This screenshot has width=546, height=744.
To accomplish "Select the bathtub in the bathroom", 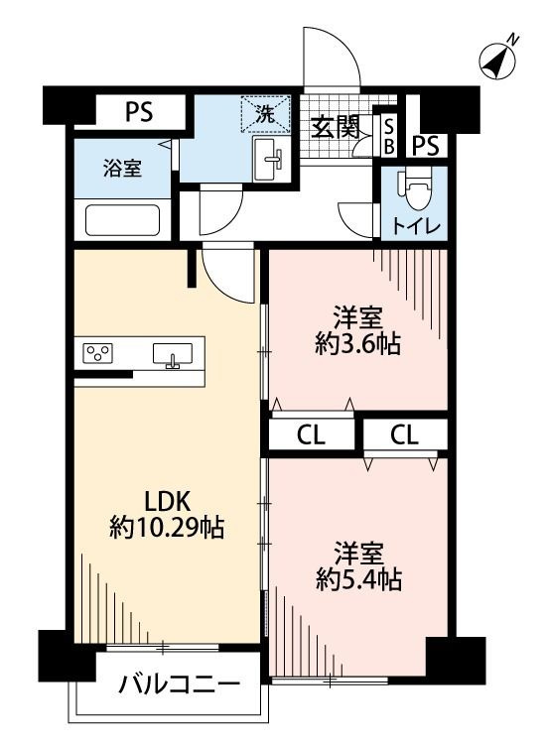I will [x=122, y=218].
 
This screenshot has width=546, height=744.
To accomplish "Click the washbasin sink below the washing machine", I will [x=270, y=160].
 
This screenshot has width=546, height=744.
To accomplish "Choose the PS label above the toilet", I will [x=426, y=146].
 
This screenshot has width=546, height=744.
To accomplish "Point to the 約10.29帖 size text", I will [x=167, y=528].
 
